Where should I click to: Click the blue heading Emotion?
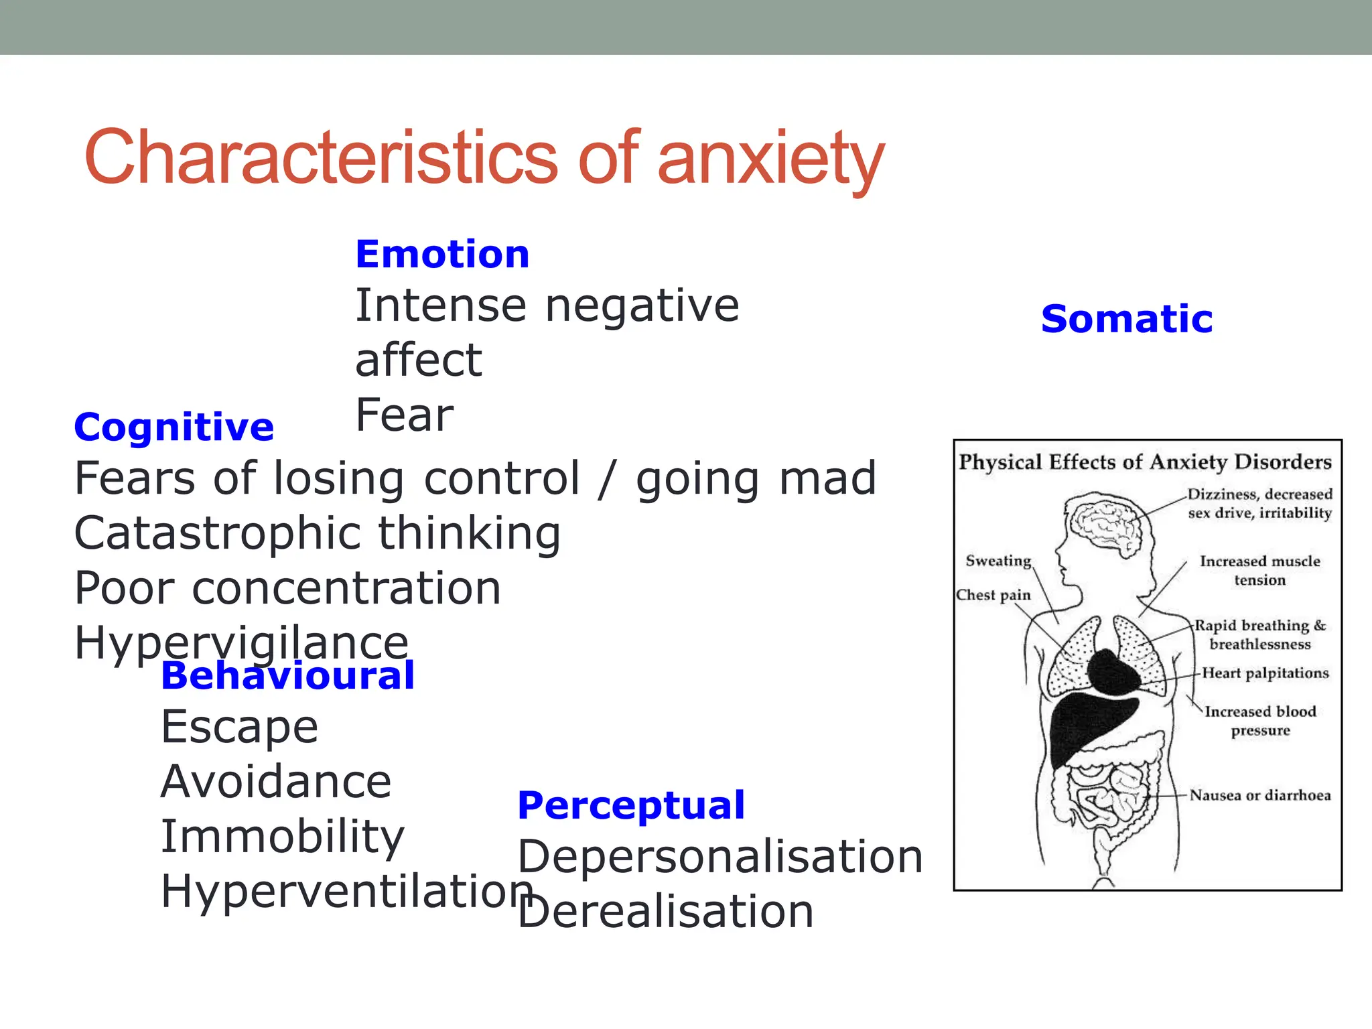click(x=442, y=255)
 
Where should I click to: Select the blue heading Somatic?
click(x=1127, y=319)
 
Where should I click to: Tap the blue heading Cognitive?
click(x=174, y=427)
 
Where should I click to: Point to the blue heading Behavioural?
click(x=288, y=675)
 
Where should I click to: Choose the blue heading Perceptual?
click(x=631, y=805)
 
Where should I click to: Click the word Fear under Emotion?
click(x=405, y=415)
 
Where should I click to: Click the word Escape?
click(x=239, y=727)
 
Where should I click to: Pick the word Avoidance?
click(x=276, y=782)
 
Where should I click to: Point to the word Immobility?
click(x=283, y=837)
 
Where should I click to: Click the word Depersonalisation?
click(x=720, y=857)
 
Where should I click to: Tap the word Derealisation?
click(x=666, y=912)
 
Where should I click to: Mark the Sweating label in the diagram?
click(x=998, y=561)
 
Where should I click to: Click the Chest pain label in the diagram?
click(x=993, y=595)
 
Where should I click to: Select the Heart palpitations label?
click(x=1265, y=673)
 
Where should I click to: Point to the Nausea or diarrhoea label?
click(x=1259, y=795)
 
